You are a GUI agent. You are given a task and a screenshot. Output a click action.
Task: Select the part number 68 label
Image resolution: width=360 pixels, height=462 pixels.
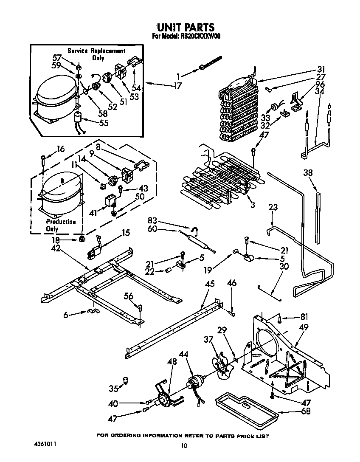(x=306, y=411)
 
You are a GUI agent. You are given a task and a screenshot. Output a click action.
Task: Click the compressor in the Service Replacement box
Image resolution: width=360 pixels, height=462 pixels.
(x=55, y=99)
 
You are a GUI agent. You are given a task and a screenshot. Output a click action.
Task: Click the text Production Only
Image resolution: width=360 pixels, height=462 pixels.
(x=61, y=225)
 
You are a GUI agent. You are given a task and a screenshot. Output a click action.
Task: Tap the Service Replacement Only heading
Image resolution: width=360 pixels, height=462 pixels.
(x=96, y=54)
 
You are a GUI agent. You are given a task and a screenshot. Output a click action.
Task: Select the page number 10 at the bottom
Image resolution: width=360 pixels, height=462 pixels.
(x=183, y=445)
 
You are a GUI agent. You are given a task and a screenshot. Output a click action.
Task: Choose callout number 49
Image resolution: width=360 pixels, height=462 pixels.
(x=304, y=327)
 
